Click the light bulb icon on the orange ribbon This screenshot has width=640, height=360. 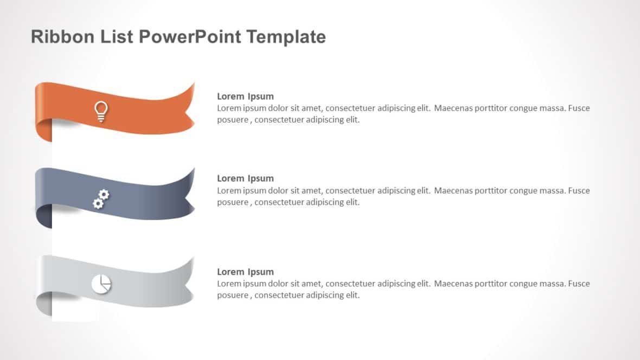[x=101, y=111]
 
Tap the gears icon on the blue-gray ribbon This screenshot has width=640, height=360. [x=101, y=199]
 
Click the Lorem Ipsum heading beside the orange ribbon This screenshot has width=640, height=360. [x=245, y=97]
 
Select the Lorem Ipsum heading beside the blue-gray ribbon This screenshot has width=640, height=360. [x=245, y=178]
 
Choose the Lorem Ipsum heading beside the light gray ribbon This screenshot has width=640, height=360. [x=245, y=272]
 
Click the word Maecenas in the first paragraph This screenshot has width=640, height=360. [x=454, y=108]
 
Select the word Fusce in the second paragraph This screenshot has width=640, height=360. [x=579, y=190]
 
